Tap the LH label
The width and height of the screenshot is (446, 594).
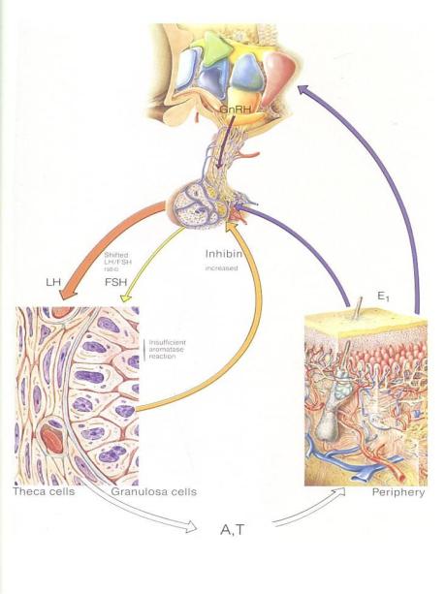click(53, 282)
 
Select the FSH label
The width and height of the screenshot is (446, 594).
click(116, 282)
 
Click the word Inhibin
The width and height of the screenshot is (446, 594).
click(224, 254)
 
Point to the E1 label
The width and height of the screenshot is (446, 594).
click(383, 297)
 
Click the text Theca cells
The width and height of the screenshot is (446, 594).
click(44, 491)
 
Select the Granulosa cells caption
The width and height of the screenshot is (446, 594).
click(154, 491)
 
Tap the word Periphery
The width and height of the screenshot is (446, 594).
click(398, 492)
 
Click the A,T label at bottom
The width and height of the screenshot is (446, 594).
click(233, 530)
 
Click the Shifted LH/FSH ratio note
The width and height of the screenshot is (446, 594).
click(116, 262)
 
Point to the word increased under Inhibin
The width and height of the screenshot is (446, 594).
click(222, 268)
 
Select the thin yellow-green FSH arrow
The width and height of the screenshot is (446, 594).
click(151, 262)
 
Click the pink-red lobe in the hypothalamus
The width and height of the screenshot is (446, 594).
click(276, 76)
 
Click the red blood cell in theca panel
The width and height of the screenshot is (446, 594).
click(52, 438)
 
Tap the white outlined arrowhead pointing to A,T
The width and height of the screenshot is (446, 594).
click(191, 526)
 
